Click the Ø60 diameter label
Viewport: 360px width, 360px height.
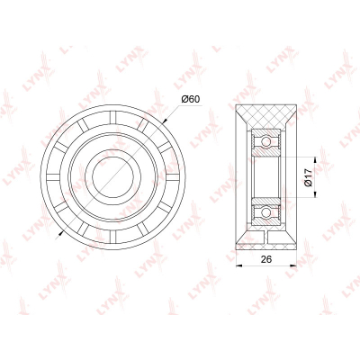click(191, 99)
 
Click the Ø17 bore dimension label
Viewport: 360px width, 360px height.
click(309, 177)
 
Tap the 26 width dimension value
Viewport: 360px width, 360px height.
click(266, 259)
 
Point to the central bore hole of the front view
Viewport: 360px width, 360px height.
click(112, 176)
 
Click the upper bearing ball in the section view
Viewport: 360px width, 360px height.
click(265, 141)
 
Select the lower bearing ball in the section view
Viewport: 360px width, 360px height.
click(265, 212)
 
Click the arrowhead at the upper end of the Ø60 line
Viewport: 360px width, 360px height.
click(164, 121)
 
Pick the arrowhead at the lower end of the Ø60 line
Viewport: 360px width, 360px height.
click(61, 232)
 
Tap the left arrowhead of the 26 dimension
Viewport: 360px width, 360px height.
click(239, 265)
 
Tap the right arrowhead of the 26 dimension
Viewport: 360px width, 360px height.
click(293, 265)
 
